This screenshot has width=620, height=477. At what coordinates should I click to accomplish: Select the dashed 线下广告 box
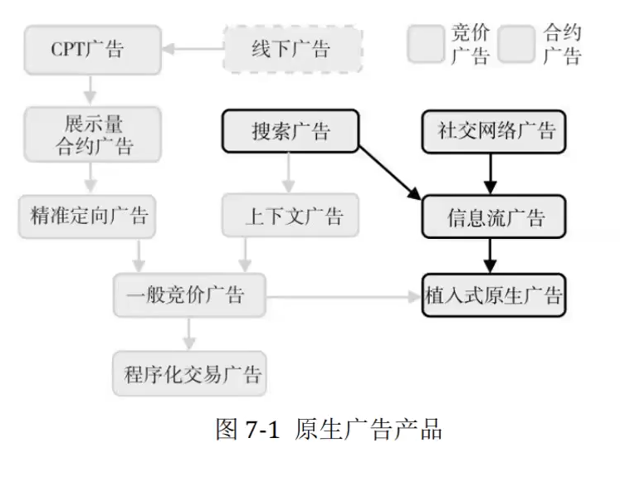(x=293, y=49)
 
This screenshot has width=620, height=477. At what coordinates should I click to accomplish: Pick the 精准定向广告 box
(x=89, y=217)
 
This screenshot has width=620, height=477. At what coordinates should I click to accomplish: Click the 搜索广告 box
(x=290, y=132)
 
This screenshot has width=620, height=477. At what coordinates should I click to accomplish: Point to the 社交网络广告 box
(x=494, y=131)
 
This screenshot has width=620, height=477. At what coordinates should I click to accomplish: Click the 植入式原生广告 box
(x=494, y=294)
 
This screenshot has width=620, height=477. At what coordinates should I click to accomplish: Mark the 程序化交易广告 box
(x=190, y=372)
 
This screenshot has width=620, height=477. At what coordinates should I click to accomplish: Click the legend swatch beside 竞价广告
(x=426, y=44)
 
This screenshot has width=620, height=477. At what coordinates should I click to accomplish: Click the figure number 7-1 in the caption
(x=263, y=431)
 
